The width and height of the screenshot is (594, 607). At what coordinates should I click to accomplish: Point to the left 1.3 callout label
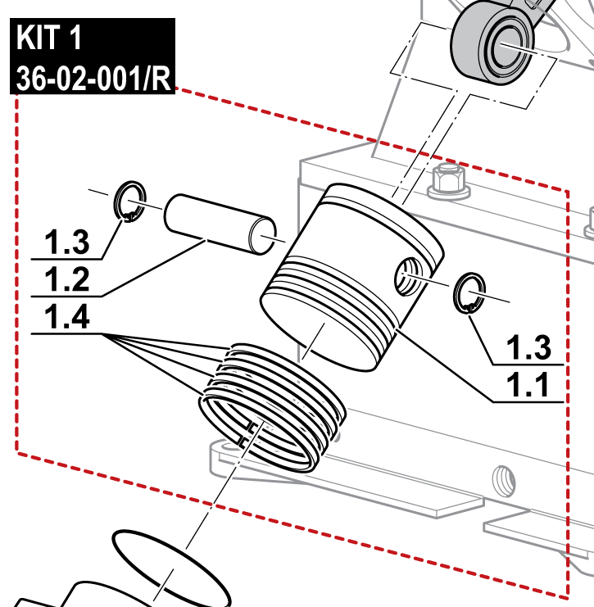[x=67, y=242]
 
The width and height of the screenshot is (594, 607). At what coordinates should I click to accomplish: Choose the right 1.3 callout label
[x=530, y=348]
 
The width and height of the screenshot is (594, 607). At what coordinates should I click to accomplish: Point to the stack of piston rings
[x=274, y=405]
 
